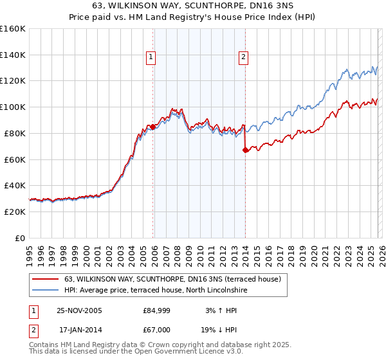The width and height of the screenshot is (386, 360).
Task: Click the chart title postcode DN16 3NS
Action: pyautogui.click(x=269, y=6)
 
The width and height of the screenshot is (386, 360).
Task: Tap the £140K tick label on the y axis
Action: pyautogui.click(x=13, y=55)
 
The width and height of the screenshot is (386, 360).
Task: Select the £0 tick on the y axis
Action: pyautogui.click(x=21, y=238)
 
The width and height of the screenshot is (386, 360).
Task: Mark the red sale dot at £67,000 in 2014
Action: pyautogui.click(x=245, y=150)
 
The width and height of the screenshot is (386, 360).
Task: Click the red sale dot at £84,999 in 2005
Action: pyautogui.click(x=152, y=127)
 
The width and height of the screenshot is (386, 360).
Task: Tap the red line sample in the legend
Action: pyautogui.click(x=46, y=279)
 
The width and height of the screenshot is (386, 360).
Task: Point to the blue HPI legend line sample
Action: pyautogui.click(x=46, y=291)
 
